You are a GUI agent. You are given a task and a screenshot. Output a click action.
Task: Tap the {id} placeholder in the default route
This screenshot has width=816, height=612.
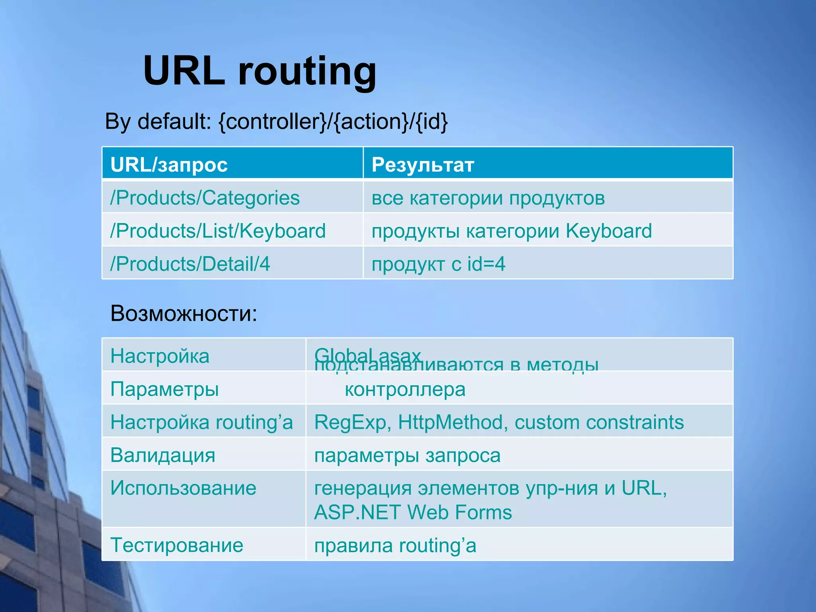coord(432,122)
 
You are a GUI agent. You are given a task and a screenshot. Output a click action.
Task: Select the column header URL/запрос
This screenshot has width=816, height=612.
coord(169,165)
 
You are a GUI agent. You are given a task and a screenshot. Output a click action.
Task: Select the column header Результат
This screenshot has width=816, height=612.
coord(423,165)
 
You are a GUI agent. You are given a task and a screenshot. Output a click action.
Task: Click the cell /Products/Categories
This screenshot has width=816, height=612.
coord(205,198)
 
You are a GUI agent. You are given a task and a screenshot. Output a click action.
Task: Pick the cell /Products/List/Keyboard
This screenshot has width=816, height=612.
coord(218,231)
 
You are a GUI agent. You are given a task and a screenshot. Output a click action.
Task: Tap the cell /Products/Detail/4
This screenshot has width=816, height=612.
coord(190,264)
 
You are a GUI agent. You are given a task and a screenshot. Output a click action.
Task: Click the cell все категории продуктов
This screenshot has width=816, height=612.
coord(488,198)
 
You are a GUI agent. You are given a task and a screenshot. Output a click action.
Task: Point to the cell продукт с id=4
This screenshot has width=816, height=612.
coord(438,264)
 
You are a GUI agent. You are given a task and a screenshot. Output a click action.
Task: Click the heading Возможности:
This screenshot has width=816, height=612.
coord(184,314)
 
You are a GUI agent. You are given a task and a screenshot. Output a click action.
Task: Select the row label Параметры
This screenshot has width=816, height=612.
coord(165,389)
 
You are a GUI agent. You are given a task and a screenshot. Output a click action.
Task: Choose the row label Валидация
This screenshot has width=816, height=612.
coord(163,455)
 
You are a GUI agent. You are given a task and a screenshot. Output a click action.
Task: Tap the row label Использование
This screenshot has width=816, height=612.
coord(183,488)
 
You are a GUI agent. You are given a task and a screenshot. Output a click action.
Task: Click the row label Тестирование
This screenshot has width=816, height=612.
coord(177,545)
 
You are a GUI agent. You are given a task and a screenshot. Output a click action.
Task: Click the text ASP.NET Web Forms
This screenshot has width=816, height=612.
coord(413,513)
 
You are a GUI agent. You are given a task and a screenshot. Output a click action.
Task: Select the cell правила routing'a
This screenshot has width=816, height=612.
coord(395,545)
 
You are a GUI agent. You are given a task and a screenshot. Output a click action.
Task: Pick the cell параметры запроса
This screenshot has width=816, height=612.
coord(407,455)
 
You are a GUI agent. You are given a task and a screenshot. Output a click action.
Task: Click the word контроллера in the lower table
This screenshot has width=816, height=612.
coord(405,389)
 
